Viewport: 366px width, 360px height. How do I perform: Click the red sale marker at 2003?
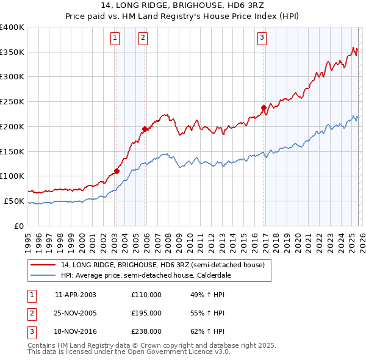(x=117, y=171)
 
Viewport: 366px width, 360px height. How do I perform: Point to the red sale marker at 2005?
(x=145, y=129)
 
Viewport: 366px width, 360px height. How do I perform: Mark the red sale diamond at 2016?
(x=264, y=107)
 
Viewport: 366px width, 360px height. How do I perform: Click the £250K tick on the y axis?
(x=12, y=102)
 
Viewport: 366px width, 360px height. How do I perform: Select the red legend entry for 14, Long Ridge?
(x=162, y=265)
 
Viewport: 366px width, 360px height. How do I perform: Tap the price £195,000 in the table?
(x=146, y=313)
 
